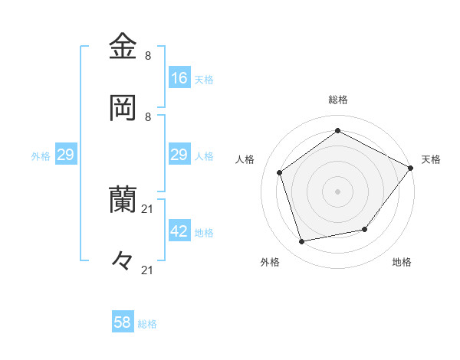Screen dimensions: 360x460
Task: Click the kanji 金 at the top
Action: [x=123, y=47]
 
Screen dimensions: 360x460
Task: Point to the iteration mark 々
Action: [x=123, y=260]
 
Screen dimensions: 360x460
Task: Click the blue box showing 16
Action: [x=179, y=78]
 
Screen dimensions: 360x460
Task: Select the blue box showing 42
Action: [x=179, y=231]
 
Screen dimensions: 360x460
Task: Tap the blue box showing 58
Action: [x=123, y=322]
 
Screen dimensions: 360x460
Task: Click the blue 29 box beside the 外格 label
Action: [x=65, y=155]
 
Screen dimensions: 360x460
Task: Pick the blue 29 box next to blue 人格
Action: [x=179, y=155]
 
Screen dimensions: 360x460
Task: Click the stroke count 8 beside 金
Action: [x=148, y=56]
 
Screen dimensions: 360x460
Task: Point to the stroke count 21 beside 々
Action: [x=148, y=270]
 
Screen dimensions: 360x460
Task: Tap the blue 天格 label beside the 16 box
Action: [x=204, y=79]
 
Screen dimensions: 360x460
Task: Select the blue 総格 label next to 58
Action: [x=147, y=324]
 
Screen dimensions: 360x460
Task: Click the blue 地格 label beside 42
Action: [x=204, y=232]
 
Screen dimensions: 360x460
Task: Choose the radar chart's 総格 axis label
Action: [x=337, y=100]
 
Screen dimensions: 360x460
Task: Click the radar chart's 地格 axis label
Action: [x=402, y=262]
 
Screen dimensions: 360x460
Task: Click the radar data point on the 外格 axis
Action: [x=302, y=242]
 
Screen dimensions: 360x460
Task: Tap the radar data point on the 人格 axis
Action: [x=280, y=172]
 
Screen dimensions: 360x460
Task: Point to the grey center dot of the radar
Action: [x=337, y=191]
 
